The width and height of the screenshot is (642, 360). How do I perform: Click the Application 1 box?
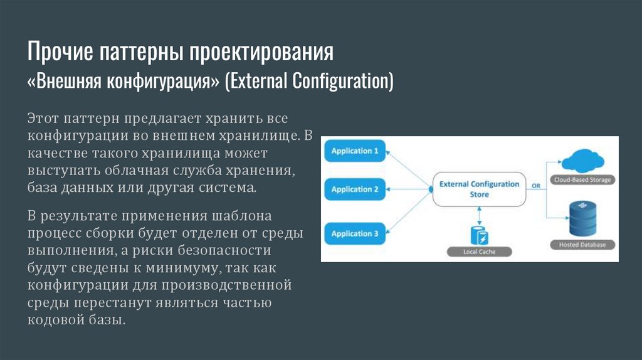pyautogui.click(x=355, y=151)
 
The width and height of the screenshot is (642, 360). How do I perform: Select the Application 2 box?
pyautogui.click(x=355, y=189)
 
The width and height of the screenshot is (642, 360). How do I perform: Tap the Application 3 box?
pyautogui.click(x=355, y=234)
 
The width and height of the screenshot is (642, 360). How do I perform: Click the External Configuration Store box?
pyautogui.click(x=480, y=189)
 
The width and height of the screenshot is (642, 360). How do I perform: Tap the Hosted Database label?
pyautogui.click(x=582, y=245)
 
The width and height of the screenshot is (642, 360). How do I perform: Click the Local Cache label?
pyautogui.click(x=480, y=251)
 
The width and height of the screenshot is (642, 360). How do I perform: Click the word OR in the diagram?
pyautogui.click(x=536, y=186)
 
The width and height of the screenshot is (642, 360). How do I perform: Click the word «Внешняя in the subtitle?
pyautogui.click(x=64, y=82)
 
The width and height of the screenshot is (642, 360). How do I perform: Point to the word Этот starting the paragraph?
pyautogui.click(x=44, y=118)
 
